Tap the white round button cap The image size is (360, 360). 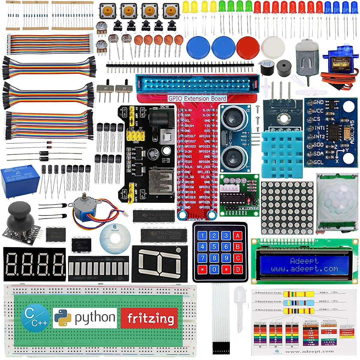tap(273, 46)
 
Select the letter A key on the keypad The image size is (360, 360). tap(238, 236)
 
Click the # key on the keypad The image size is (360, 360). tap(226, 269)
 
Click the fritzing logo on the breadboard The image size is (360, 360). tap(149, 318)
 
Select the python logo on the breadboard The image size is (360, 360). tap(85, 318)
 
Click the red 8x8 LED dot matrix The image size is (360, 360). tap(287, 208)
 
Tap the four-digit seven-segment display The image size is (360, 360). tap(34, 264)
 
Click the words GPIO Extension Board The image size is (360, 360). tap(197, 98)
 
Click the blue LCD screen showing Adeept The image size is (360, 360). tap(305, 265)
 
